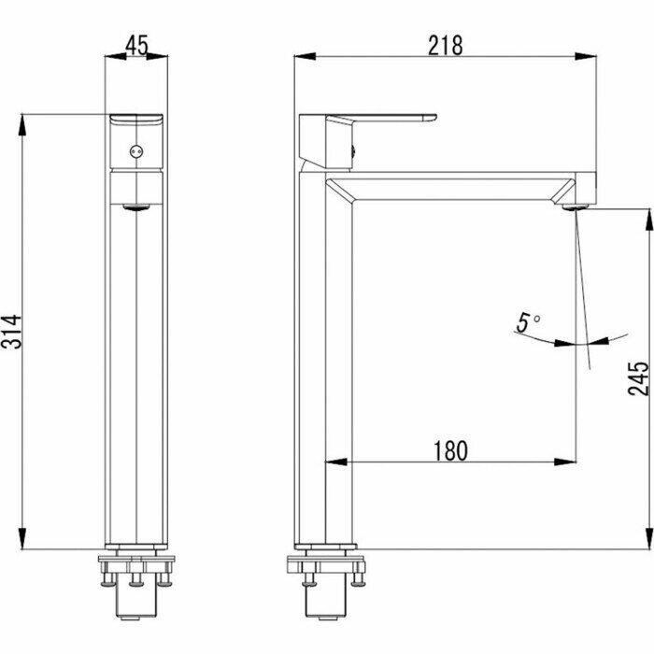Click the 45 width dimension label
[136, 46]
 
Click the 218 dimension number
[446, 46]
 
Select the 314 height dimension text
[11, 332]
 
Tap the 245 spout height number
[638, 378]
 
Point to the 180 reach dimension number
[450, 451]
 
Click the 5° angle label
[528, 323]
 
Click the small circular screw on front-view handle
[136, 151]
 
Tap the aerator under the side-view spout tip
[576, 206]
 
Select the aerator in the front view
[136, 207]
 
